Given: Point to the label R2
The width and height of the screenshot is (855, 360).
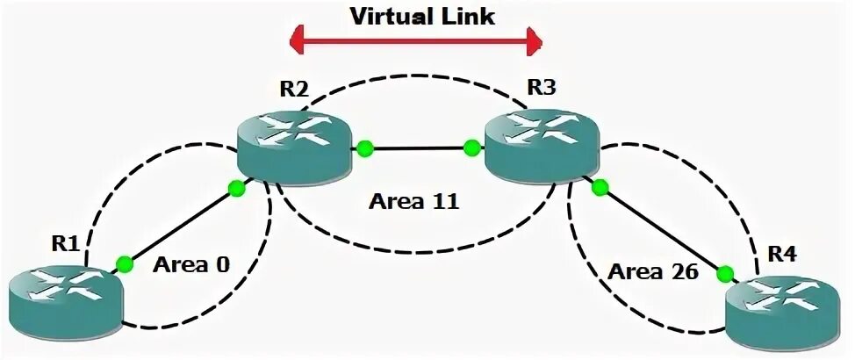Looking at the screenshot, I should [x=291, y=88].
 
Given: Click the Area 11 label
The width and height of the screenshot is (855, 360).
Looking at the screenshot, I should [x=413, y=203].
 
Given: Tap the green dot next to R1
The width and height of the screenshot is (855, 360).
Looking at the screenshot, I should [x=125, y=262].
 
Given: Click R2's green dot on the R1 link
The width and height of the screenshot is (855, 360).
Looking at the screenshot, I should [x=235, y=187].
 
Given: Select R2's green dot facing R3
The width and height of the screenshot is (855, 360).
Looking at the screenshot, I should [x=363, y=148].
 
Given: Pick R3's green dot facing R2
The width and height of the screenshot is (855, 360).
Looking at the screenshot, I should [x=472, y=148].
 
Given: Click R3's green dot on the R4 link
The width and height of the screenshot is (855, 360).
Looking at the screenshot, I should [x=600, y=187].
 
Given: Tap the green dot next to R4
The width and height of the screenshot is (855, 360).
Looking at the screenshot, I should [x=725, y=275].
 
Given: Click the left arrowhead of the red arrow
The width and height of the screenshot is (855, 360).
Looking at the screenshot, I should [x=297, y=40].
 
